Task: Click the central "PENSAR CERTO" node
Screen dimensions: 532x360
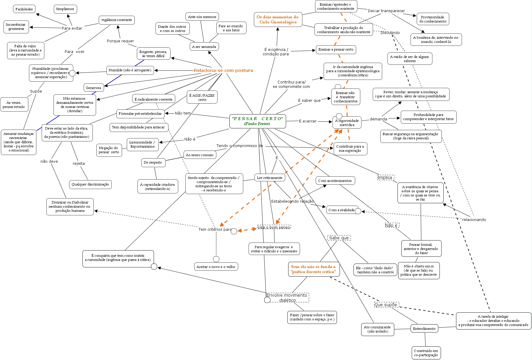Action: (x=257, y=121)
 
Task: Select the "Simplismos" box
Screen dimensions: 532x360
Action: (x=65, y=9)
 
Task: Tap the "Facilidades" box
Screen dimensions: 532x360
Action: (x=24, y=9)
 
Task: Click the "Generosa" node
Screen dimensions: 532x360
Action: (x=94, y=88)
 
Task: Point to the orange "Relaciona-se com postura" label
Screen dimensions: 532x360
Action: (x=223, y=70)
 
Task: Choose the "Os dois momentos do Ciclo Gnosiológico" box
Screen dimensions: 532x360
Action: (x=278, y=20)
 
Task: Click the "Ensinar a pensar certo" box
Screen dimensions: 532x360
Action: (x=336, y=50)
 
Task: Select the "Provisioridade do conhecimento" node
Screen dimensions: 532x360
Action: (x=433, y=19)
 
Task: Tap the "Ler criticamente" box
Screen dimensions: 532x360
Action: (x=270, y=178)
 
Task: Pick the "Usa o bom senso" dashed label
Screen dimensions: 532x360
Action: (x=274, y=227)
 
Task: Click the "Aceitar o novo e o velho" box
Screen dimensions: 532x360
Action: (x=216, y=267)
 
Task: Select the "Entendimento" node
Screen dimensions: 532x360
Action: (x=424, y=329)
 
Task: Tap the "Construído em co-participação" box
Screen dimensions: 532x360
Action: (x=426, y=353)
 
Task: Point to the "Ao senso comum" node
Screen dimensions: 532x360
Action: (x=200, y=155)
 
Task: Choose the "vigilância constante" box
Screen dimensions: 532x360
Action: (x=117, y=20)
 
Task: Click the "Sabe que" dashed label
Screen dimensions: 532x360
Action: (x=339, y=238)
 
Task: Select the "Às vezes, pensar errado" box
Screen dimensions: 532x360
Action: (x=14, y=105)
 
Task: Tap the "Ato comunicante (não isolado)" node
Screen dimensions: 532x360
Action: (x=377, y=329)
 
